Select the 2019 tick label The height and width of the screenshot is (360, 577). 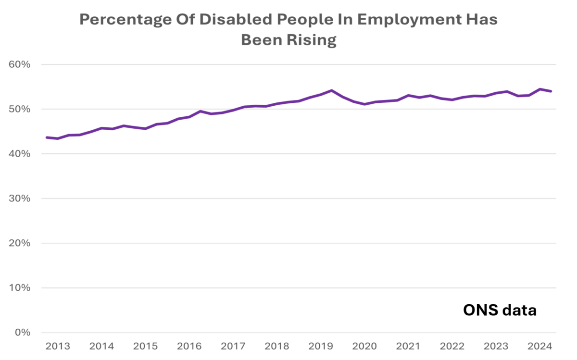pos(321,347)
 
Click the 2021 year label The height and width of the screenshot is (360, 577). pos(408,347)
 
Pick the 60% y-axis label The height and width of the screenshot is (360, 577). pos(20,64)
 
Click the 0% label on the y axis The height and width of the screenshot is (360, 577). pos(23,333)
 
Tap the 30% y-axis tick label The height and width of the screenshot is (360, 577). pos(20,199)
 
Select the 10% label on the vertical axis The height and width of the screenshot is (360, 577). pos(20,288)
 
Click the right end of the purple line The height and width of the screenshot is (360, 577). pos(551,91)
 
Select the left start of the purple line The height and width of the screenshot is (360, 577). pos(47,137)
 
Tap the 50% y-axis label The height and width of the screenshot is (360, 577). pos(20,109)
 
